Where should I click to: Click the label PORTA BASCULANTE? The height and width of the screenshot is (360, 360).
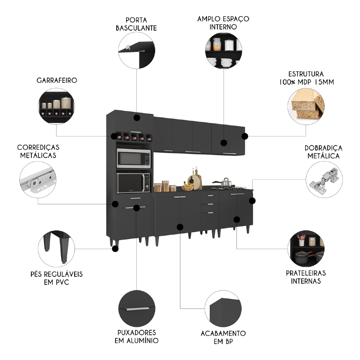136,24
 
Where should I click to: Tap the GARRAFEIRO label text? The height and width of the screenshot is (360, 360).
57,80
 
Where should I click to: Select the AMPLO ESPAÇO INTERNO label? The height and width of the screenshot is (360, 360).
223,22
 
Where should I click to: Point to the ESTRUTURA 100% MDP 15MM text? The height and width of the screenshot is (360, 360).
306,78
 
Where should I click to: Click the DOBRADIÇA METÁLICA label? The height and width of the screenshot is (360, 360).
323,152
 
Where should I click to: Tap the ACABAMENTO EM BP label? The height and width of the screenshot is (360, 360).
223,337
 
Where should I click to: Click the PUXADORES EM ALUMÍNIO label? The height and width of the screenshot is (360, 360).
136,336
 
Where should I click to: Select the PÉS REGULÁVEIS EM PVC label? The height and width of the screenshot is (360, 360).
57,278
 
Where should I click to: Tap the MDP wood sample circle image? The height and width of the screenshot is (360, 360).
306,105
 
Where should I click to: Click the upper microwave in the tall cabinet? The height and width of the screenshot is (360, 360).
134,158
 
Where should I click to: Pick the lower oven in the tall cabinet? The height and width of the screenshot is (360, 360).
134,183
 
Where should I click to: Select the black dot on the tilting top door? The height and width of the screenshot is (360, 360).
136,118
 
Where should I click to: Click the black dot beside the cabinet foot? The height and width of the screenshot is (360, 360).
115,248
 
